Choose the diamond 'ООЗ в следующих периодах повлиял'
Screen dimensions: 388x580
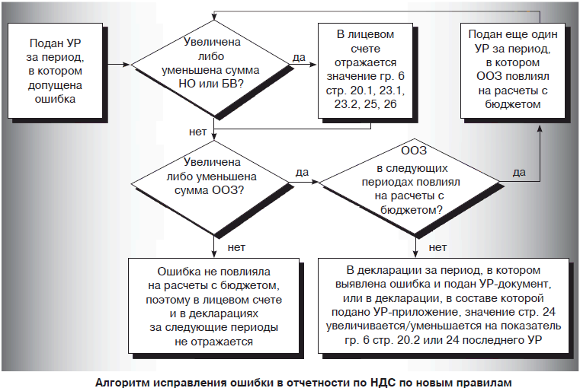415,183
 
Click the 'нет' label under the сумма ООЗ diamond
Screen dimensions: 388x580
236,246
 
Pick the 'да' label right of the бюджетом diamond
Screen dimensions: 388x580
519,172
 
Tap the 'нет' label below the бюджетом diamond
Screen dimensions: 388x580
437,246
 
